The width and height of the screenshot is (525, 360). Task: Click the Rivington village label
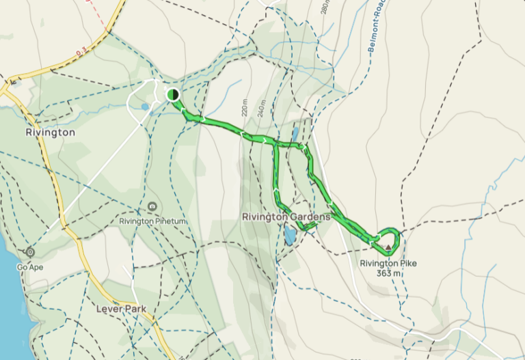[50, 133]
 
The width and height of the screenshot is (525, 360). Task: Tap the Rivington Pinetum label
[153, 221]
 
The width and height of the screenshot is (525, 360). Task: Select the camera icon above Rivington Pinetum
[152, 206]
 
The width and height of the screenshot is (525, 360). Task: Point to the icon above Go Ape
[29, 252]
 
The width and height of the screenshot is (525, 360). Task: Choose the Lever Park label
[120, 309]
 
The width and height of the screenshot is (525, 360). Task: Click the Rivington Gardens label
[286, 217]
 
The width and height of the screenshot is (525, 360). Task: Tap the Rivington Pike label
[387, 263]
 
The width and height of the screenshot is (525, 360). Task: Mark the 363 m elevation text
[388, 273]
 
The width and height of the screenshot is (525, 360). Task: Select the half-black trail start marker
[174, 95]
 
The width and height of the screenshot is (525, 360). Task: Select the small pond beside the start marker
[145, 107]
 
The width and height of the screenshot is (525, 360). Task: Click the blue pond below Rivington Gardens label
[291, 236]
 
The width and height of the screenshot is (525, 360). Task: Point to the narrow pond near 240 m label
[295, 133]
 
